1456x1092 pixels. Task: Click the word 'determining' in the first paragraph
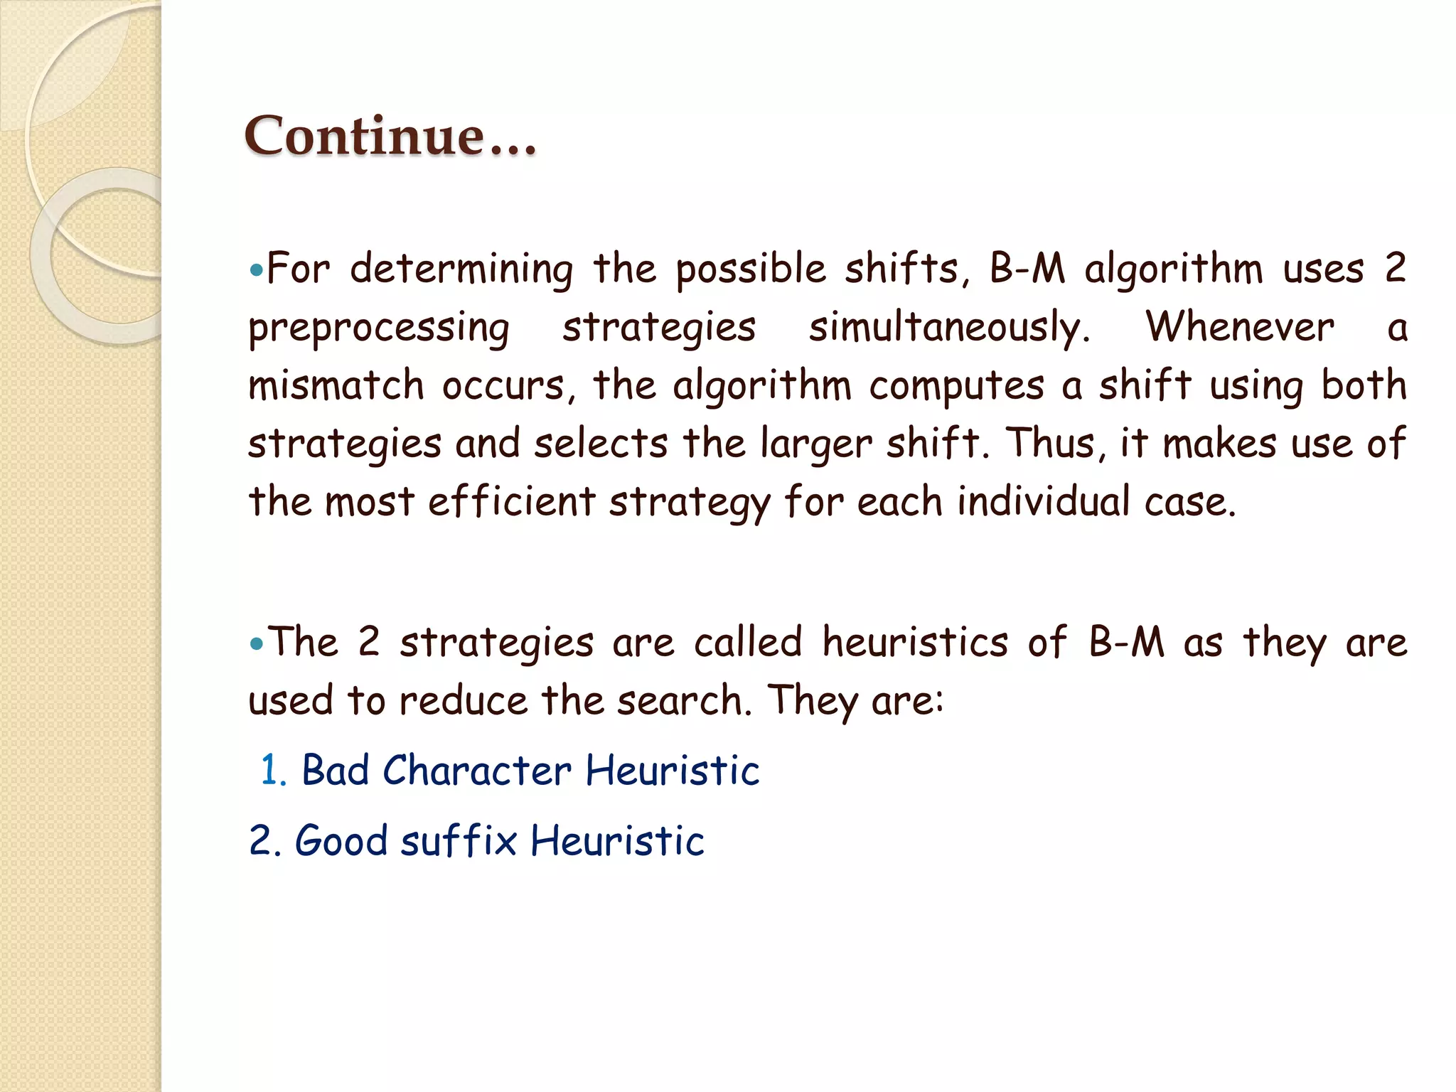click(461, 270)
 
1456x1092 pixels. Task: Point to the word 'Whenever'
click(1240, 327)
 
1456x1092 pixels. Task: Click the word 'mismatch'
click(336, 386)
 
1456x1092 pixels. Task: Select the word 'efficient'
click(511, 501)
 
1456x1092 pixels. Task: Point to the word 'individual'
click(1043, 501)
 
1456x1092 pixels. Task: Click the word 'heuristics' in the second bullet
click(915, 642)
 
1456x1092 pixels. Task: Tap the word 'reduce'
click(464, 701)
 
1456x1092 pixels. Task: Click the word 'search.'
click(684, 701)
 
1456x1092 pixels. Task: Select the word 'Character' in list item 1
click(476, 771)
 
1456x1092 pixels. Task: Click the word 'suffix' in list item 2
click(459, 841)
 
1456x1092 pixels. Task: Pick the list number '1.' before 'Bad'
click(274, 771)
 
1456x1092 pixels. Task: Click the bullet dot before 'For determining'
click(257, 271)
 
